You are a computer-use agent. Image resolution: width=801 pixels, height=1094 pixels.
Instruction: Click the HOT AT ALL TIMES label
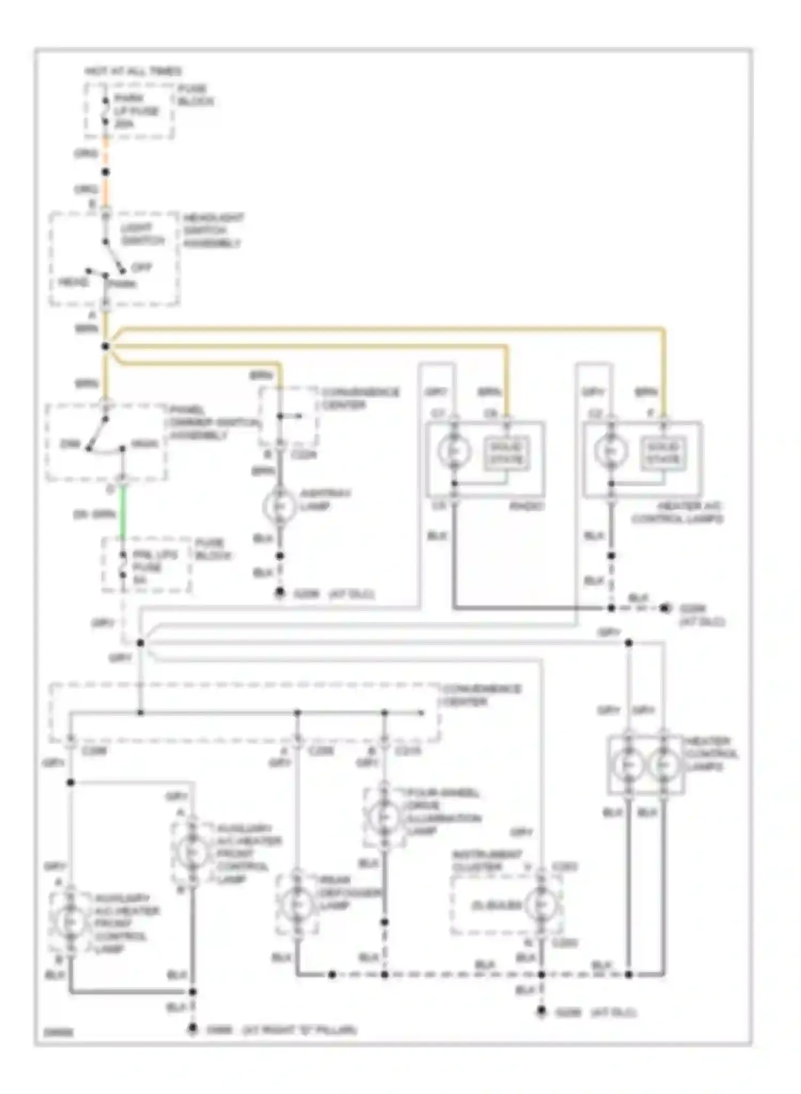(x=133, y=71)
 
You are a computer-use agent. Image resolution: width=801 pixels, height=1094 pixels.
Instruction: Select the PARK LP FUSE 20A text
(x=136, y=111)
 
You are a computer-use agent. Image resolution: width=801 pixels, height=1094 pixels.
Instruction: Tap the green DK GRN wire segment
(x=123, y=513)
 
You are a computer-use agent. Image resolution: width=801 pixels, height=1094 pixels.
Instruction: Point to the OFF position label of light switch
(x=142, y=267)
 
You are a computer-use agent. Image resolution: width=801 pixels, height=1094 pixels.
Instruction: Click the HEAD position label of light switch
(x=73, y=282)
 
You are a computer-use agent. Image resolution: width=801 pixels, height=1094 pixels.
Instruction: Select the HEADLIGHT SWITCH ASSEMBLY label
(x=213, y=230)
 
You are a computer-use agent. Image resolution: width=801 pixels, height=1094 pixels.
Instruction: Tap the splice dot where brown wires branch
(x=106, y=347)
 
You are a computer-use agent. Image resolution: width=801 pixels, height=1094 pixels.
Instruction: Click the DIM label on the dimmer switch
(x=69, y=444)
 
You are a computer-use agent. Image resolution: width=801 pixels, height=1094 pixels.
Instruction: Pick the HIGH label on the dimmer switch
(x=144, y=444)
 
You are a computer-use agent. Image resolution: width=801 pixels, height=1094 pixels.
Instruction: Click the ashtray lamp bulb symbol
(x=279, y=506)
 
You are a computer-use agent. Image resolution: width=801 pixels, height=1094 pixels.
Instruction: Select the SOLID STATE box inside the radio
(x=506, y=453)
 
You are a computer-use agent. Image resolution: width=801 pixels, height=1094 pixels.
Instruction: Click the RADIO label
(x=526, y=506)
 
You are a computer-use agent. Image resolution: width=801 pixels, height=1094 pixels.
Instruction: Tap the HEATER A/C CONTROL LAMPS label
(x=677, y=512)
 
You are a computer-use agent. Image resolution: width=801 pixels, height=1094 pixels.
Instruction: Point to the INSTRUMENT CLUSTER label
(x=487, y=861)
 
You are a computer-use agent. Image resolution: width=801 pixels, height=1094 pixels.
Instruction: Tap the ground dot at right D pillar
(x=193, y=1028)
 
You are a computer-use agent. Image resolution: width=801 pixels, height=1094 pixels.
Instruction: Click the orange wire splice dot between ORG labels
(x=106, y=172)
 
